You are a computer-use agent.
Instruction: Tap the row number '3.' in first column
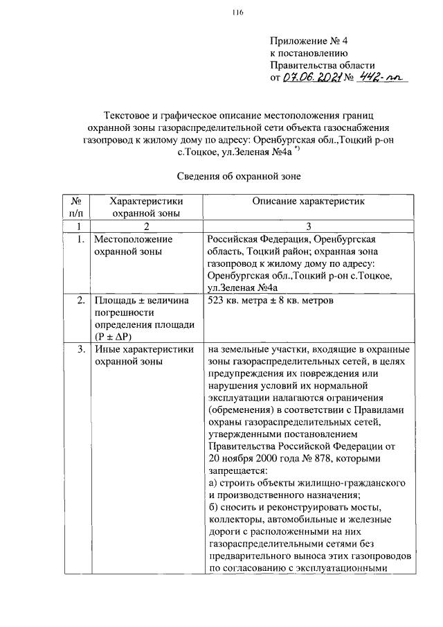pos(81,350)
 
